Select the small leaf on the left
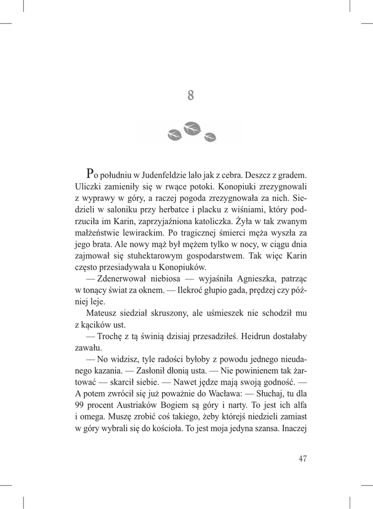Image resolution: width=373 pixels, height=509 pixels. tap(175, 133)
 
